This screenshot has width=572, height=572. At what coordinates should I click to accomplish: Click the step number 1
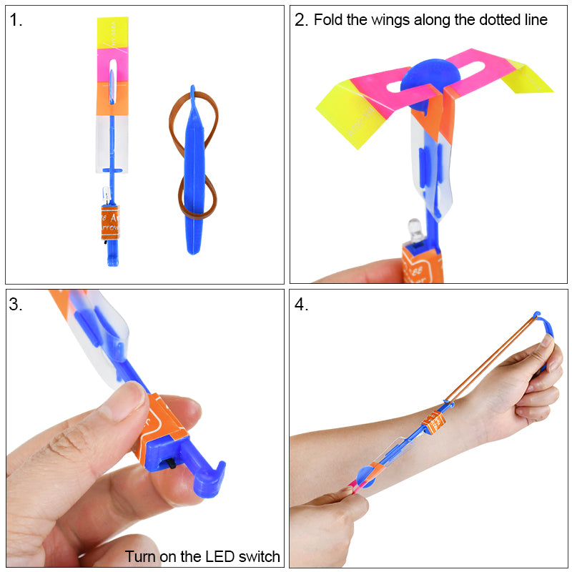tap(16, 20)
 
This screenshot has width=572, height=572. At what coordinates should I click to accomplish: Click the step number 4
tap(301, 305)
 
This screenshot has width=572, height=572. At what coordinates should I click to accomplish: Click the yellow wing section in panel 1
tap(112, 33)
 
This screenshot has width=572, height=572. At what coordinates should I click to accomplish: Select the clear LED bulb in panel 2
tap(413, 229)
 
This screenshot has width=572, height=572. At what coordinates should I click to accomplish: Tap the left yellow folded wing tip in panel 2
tap(345, 114)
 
